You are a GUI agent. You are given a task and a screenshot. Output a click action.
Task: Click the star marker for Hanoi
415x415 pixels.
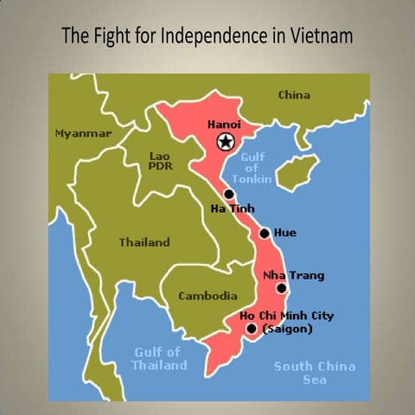[225, 142]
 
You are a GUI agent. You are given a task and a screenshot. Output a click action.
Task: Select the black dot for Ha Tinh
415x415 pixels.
[229, 195]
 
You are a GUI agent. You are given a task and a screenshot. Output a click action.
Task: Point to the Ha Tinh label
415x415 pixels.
[231, 209]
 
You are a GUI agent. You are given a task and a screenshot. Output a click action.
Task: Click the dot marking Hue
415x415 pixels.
[265, 233]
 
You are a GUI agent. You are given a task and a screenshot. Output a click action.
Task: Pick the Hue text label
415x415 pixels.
[284, 233]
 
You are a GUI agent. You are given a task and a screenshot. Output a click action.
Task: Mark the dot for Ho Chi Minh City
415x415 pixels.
[251, 329]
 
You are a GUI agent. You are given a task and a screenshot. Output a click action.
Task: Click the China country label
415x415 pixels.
[294, 95]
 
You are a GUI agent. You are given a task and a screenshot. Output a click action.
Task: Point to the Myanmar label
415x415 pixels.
[83, 134]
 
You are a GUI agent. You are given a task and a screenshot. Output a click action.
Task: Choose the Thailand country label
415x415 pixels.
[144, 242]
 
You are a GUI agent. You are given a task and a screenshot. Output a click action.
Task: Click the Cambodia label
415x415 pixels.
[207, 296]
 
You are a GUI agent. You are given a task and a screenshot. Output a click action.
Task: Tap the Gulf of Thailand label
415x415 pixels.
[158, 358]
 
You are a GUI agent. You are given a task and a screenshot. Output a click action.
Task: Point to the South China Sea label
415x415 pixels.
[315, 372]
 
